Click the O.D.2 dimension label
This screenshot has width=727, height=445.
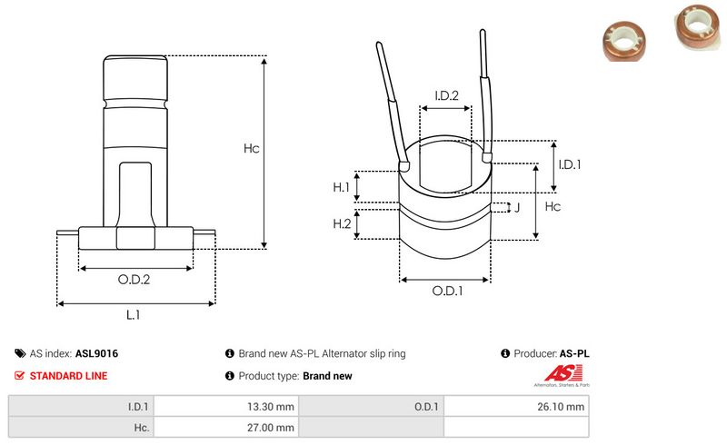click(x=134, y=280)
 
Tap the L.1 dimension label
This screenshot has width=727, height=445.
click(x=134, y=314)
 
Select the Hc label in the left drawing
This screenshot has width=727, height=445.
click(x=251, y=149)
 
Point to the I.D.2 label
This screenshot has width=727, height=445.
click(x=446, y=95)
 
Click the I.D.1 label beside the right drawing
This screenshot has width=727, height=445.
click(x=570, y=164)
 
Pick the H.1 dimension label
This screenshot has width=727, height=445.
click(x=342, y=187)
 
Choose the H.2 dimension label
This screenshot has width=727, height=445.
click(x=342, y=224)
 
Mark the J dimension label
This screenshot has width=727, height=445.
click(x=517, y=208)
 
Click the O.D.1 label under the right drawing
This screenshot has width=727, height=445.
click(x=447, y=292)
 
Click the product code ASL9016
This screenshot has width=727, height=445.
click(x=96, y=354)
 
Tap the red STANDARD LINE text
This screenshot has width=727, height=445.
click(x=68, y=376)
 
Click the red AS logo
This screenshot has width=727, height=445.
click(x=555, y=373)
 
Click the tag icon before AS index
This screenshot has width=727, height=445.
click(x=20, y=354)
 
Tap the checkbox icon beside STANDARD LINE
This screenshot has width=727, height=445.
click(x=20, y=376)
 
